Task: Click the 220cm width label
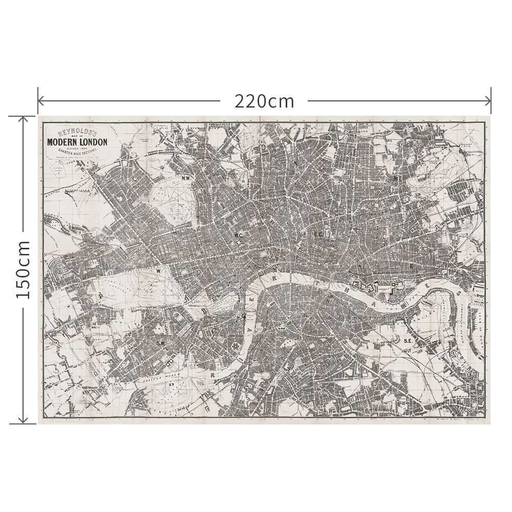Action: click(x=265, y=101)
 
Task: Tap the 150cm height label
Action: click(x=23, y=270)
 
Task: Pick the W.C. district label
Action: click(x=238, y=235)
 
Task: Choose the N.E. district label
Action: click(x=397, y=178)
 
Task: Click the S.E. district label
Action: click(x=408, y=340)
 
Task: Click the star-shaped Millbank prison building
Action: click(x=236, y=347)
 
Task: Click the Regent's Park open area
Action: click(x=172, y=205)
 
